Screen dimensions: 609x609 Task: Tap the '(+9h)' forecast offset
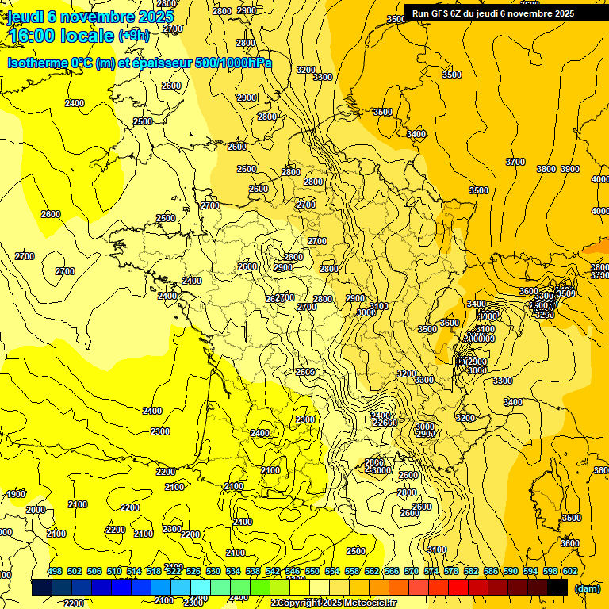click(x=133, y=36)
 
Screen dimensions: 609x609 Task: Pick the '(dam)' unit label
click(x=587, y=588)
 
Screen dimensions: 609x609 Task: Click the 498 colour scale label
click(x=55, y=571)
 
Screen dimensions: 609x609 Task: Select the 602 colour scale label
click(x=570, y=571)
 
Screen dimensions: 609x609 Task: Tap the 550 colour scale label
click(x=312, y=571)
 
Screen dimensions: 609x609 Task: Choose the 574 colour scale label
click(x=431, y=571)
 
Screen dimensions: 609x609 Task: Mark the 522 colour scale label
click(x=174, y=571)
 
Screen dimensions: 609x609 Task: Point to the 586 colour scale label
click(x=491, y=571)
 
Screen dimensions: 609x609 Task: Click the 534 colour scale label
click(x=233, y=571)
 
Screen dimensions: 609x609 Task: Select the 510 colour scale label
click(x=114, y=571)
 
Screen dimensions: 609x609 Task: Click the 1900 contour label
click(x=16, y=494)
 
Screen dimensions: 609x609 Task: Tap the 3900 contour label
click(x=570, y=169)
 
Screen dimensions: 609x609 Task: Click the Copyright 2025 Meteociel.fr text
click(x=333, y=603)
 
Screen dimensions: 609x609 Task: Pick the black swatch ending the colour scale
click(x=557, y=588)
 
